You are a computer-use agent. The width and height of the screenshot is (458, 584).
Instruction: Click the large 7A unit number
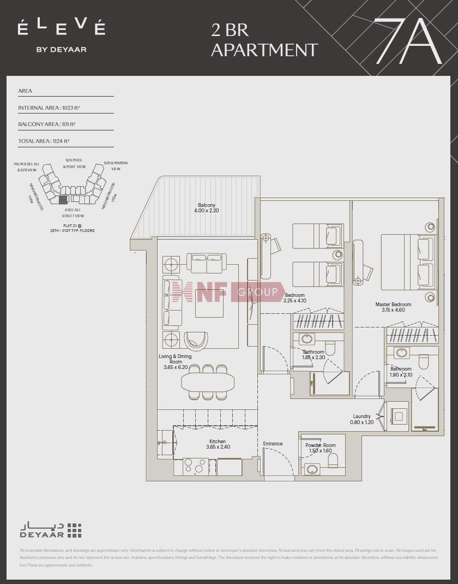408,41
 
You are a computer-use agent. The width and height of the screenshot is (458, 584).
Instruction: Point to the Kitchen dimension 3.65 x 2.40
218,447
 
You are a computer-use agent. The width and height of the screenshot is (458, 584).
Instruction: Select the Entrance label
273,444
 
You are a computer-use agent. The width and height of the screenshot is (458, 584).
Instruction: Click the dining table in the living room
208,380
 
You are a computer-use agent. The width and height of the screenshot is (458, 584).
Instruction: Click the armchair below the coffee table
196,341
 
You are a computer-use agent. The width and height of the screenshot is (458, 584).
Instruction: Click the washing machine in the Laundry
399,416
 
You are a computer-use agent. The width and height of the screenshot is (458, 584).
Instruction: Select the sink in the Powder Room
313,469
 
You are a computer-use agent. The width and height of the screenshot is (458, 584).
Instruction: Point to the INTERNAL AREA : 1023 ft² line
53,108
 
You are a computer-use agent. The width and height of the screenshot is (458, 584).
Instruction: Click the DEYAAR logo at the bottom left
51,530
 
